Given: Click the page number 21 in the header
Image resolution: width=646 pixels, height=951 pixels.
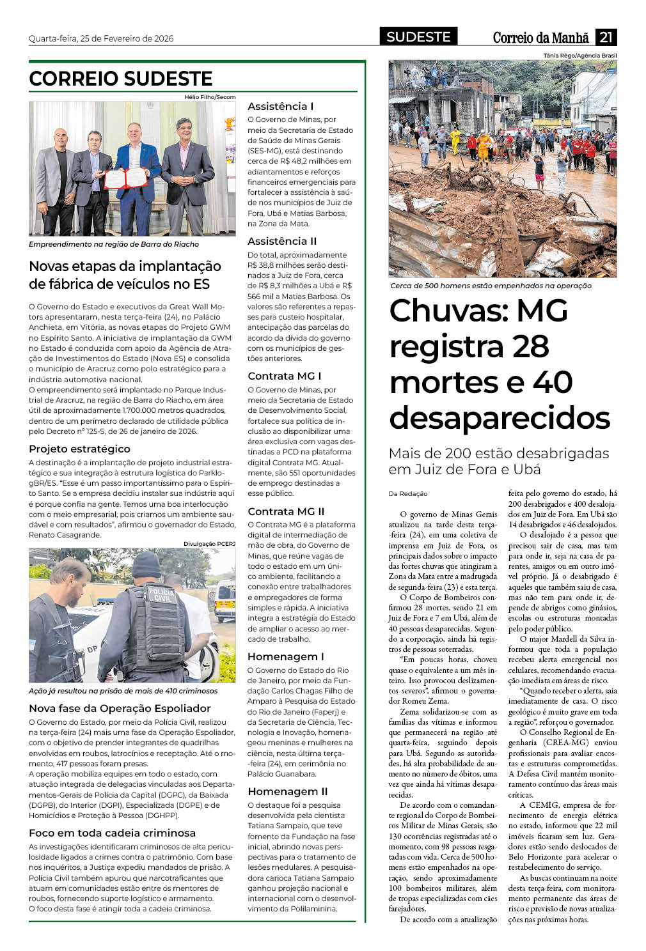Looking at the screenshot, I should [606, 37].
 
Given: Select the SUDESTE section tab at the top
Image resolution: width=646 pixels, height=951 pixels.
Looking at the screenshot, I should [418, 37].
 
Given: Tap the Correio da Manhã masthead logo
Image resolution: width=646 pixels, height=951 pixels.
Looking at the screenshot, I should [540, 38].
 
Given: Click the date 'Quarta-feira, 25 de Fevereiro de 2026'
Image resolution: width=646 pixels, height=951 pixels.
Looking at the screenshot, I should [101, 38].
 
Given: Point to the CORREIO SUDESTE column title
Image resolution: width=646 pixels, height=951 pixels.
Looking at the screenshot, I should [121, 79].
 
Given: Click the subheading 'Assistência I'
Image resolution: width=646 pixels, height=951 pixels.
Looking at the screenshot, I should [280, 106].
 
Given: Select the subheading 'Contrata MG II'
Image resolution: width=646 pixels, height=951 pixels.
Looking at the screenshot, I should [286, 511].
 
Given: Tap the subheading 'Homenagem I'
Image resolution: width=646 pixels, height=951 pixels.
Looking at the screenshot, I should [285, 656].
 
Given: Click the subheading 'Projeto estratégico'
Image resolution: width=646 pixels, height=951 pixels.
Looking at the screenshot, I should [79, 449].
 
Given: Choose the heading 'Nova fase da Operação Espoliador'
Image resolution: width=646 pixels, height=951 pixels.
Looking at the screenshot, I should [120, 708].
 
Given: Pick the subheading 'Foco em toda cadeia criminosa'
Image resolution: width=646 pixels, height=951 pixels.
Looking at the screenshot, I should [112, 833].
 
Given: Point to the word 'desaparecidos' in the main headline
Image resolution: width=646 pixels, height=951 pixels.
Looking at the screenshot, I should [500, 418].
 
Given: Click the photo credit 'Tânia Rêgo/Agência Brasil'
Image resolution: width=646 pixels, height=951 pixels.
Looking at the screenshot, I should [579, 56].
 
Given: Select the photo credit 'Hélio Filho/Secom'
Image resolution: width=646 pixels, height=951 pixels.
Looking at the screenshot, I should [210, 97].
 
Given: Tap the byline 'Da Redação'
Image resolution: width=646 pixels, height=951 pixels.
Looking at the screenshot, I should [408, 493].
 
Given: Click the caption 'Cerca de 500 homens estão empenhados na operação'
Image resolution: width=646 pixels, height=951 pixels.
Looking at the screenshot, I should [491, 286].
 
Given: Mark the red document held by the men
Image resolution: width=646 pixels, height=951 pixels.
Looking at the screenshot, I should [126, 178].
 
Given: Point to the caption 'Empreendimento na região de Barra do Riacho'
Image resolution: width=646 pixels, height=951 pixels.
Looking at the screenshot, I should [114, 244].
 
